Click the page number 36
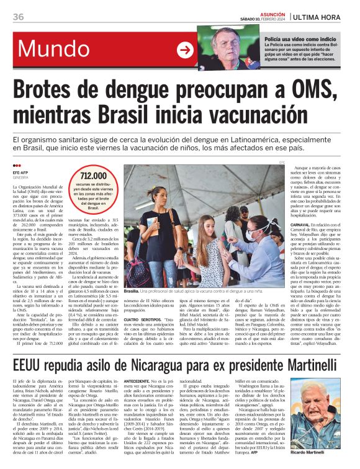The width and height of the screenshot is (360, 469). coord(18,17)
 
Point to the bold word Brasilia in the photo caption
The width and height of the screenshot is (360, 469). coord(131,290)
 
